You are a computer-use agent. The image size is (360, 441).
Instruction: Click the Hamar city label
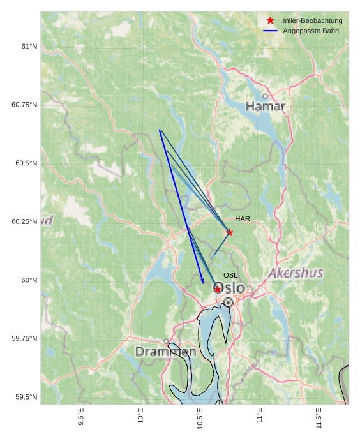(266, 106)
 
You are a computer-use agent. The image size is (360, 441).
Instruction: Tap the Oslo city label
(229, 288)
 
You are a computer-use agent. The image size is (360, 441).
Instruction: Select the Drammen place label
(166, 352)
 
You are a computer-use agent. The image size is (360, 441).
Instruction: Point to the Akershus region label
(296, 273)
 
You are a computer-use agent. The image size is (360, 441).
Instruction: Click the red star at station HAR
(229, 232)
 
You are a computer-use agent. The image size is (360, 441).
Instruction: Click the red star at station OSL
(218, 289)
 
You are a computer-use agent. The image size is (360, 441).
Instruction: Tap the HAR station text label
(243, 219)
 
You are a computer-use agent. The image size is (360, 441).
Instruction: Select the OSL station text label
(230, 275)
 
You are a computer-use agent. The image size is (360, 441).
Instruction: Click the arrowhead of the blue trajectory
(202, 281)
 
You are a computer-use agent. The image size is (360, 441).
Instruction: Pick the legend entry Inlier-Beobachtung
(313, 21)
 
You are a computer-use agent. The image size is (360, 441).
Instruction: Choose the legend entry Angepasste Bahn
(311, 31)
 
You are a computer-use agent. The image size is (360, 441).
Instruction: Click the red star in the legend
(270, 21)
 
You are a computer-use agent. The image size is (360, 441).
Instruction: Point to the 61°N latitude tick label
(29, 46)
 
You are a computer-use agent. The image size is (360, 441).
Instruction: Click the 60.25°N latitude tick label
(24, 221)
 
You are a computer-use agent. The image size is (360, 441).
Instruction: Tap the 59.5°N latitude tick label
(26, 397)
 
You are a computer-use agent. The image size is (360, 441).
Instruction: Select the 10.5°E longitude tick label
(200, 418)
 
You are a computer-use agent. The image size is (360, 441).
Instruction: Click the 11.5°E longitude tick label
(319, 418)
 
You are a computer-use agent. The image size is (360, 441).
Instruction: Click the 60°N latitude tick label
(29, 280)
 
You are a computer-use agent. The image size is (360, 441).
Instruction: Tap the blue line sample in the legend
(270, 31)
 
